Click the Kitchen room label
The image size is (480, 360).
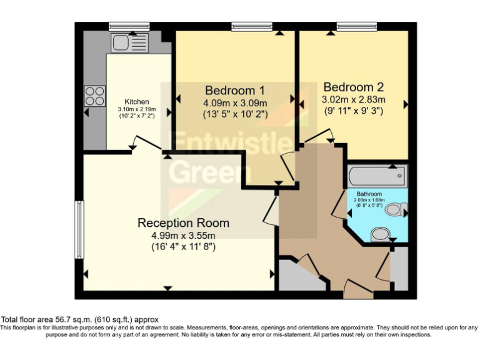click(137, 102)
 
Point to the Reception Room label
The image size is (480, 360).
click(183, 222)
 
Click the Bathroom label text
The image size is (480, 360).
click(369, 194)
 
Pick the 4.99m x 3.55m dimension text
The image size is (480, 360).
click(183, 235)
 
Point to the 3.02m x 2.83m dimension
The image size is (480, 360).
click(353, 99)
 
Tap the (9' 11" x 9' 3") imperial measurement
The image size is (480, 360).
click(353, 111)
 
